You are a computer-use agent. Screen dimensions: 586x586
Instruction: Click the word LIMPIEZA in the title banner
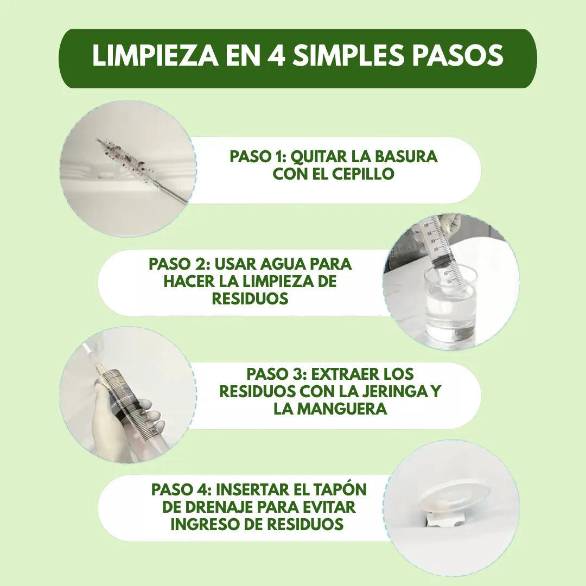pyautogui.click(x=155, y=56)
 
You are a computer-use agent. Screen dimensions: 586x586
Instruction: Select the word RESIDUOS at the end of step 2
pyautogui.click(x=250, y=298)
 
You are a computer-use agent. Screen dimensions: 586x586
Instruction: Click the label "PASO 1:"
pyautogui.click(x=258, y=157)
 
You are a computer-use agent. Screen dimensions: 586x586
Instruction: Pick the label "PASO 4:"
pyautogui.click(x=181, y=489)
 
